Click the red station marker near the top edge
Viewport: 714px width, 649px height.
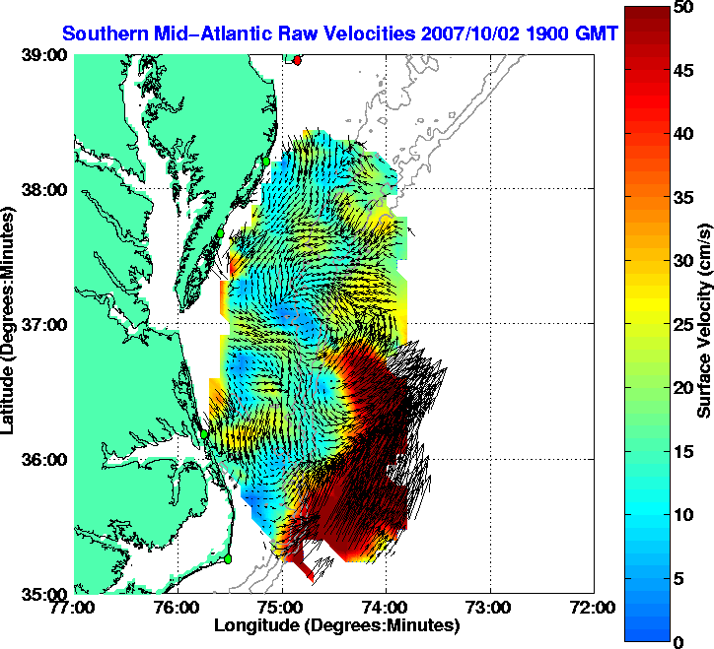click(x=298, y=60)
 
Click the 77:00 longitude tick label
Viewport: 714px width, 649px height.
click(x=75, y=608)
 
